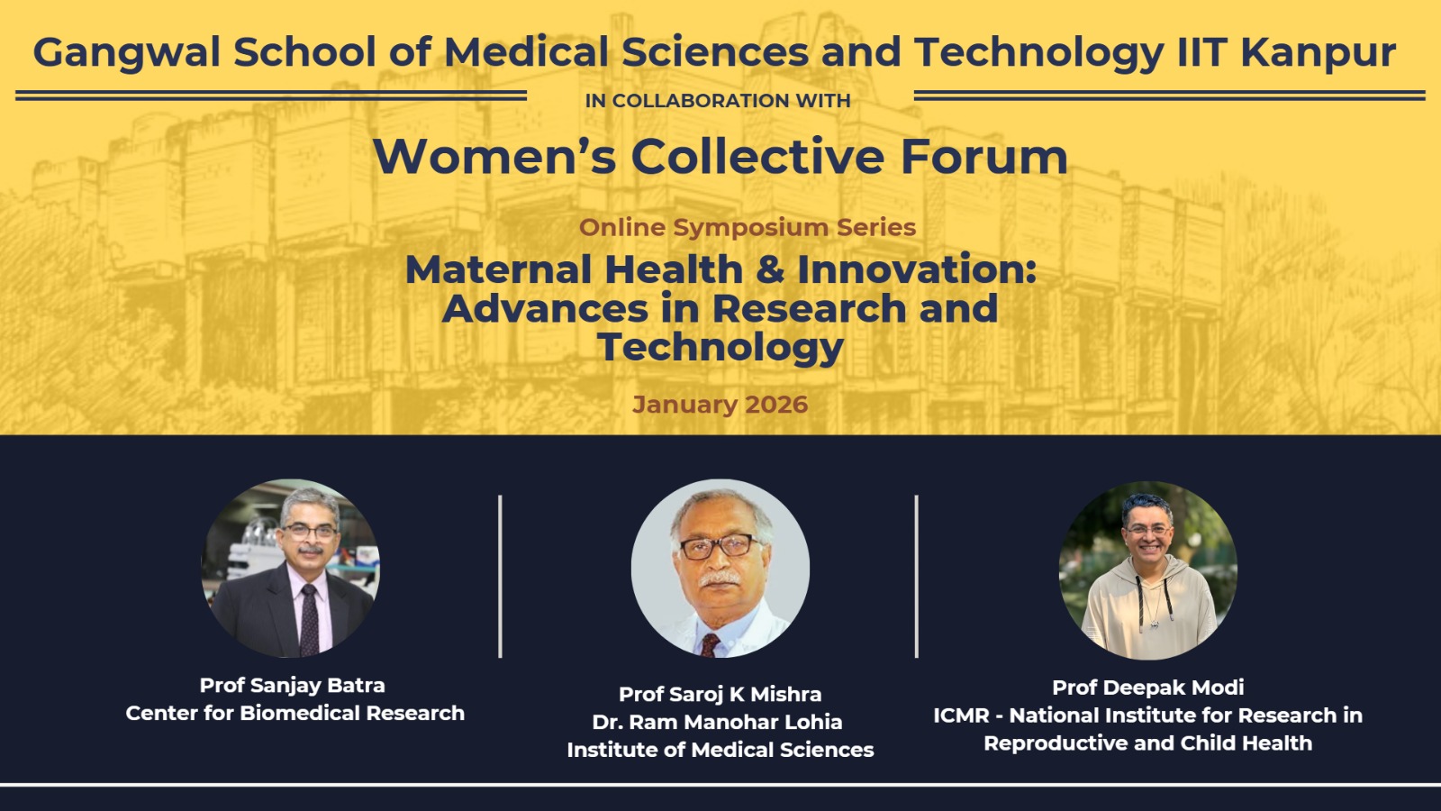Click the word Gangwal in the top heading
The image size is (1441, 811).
pyautogui.click(x=127, y=53)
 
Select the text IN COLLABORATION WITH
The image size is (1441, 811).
pyautogui.click(x=718, y=101)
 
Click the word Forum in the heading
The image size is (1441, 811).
pyautogui.click(x=984, y=157)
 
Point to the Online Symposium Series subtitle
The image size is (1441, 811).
pyautogui.click(x=748, y=227)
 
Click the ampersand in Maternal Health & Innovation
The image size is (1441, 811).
pyautogui.click(x=770, y=269)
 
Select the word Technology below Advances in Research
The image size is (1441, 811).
pyautogui.click(x=720, y=348)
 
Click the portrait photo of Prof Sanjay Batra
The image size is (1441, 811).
pyautogui.click(x=291, y=569)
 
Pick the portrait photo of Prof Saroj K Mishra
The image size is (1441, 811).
pyautogui.click(x=720, y=569)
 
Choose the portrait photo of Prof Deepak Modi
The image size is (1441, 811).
pyautogui.click(x=1148, y=570)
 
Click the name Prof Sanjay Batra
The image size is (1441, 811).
pyautogui.click(x=292, y=686)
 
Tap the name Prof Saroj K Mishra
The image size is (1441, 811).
pyautogui.click(x=720, y=695)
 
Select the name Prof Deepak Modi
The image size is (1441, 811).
pyautogui.click(x=1148, y=688)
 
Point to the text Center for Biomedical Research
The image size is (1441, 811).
pyautogui.click(x=295, y=713)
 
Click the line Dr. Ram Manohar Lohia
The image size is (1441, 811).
pyautogui.click(x=717, y=722)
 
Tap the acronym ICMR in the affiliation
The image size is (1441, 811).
pyautogui.click(x=961, y=715)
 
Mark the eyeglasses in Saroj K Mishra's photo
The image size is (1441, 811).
pyautogui.click(x=720, y=547)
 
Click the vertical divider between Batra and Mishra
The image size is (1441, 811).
pyautogui.click(x=500, y=577)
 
